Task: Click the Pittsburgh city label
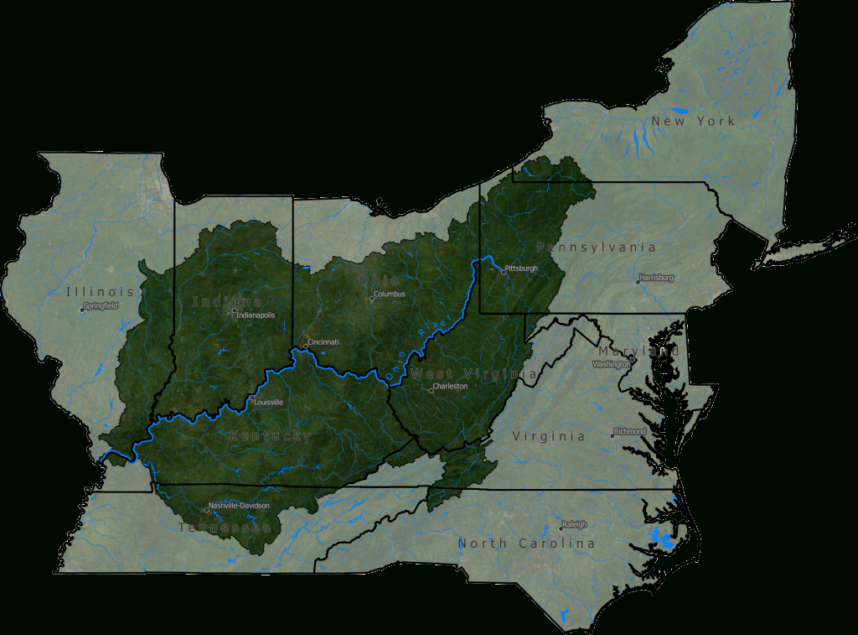pyautogui.click(x=521, y=268)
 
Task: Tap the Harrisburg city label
pyautogui.click(x=656, y=278)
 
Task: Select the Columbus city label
pyautogui.click(x=390, y=294)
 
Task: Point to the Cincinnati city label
pyautogui.click(x=323, y=342)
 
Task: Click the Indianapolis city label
pyautogui.click(x=256, y=315)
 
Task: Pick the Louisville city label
pyautogui.click(x=269, y=402)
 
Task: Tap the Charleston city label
pyautogui.click(x=450, y=387)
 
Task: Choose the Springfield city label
pyautogui.click(x=101, y=306)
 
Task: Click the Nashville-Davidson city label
pyautogui.click(x=239, y=506)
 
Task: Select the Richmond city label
pyautogui.click(x=630, y=431)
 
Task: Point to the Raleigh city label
pyautogui.click(x=575, y=524)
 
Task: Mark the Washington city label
pyautogui.click(x=610, y=365)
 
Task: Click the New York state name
pyautogui.click(x=693, y=122)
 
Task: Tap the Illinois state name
pyautogui.click(x=100, y=292)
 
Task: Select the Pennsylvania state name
pyautogui.click(x=596, y=247)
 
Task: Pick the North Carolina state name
pyautogui.click(x=526, y=544)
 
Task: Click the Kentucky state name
pyautogui.click(x=270, y=436)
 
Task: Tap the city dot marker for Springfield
pyautogui.click(x=82, y=310)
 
